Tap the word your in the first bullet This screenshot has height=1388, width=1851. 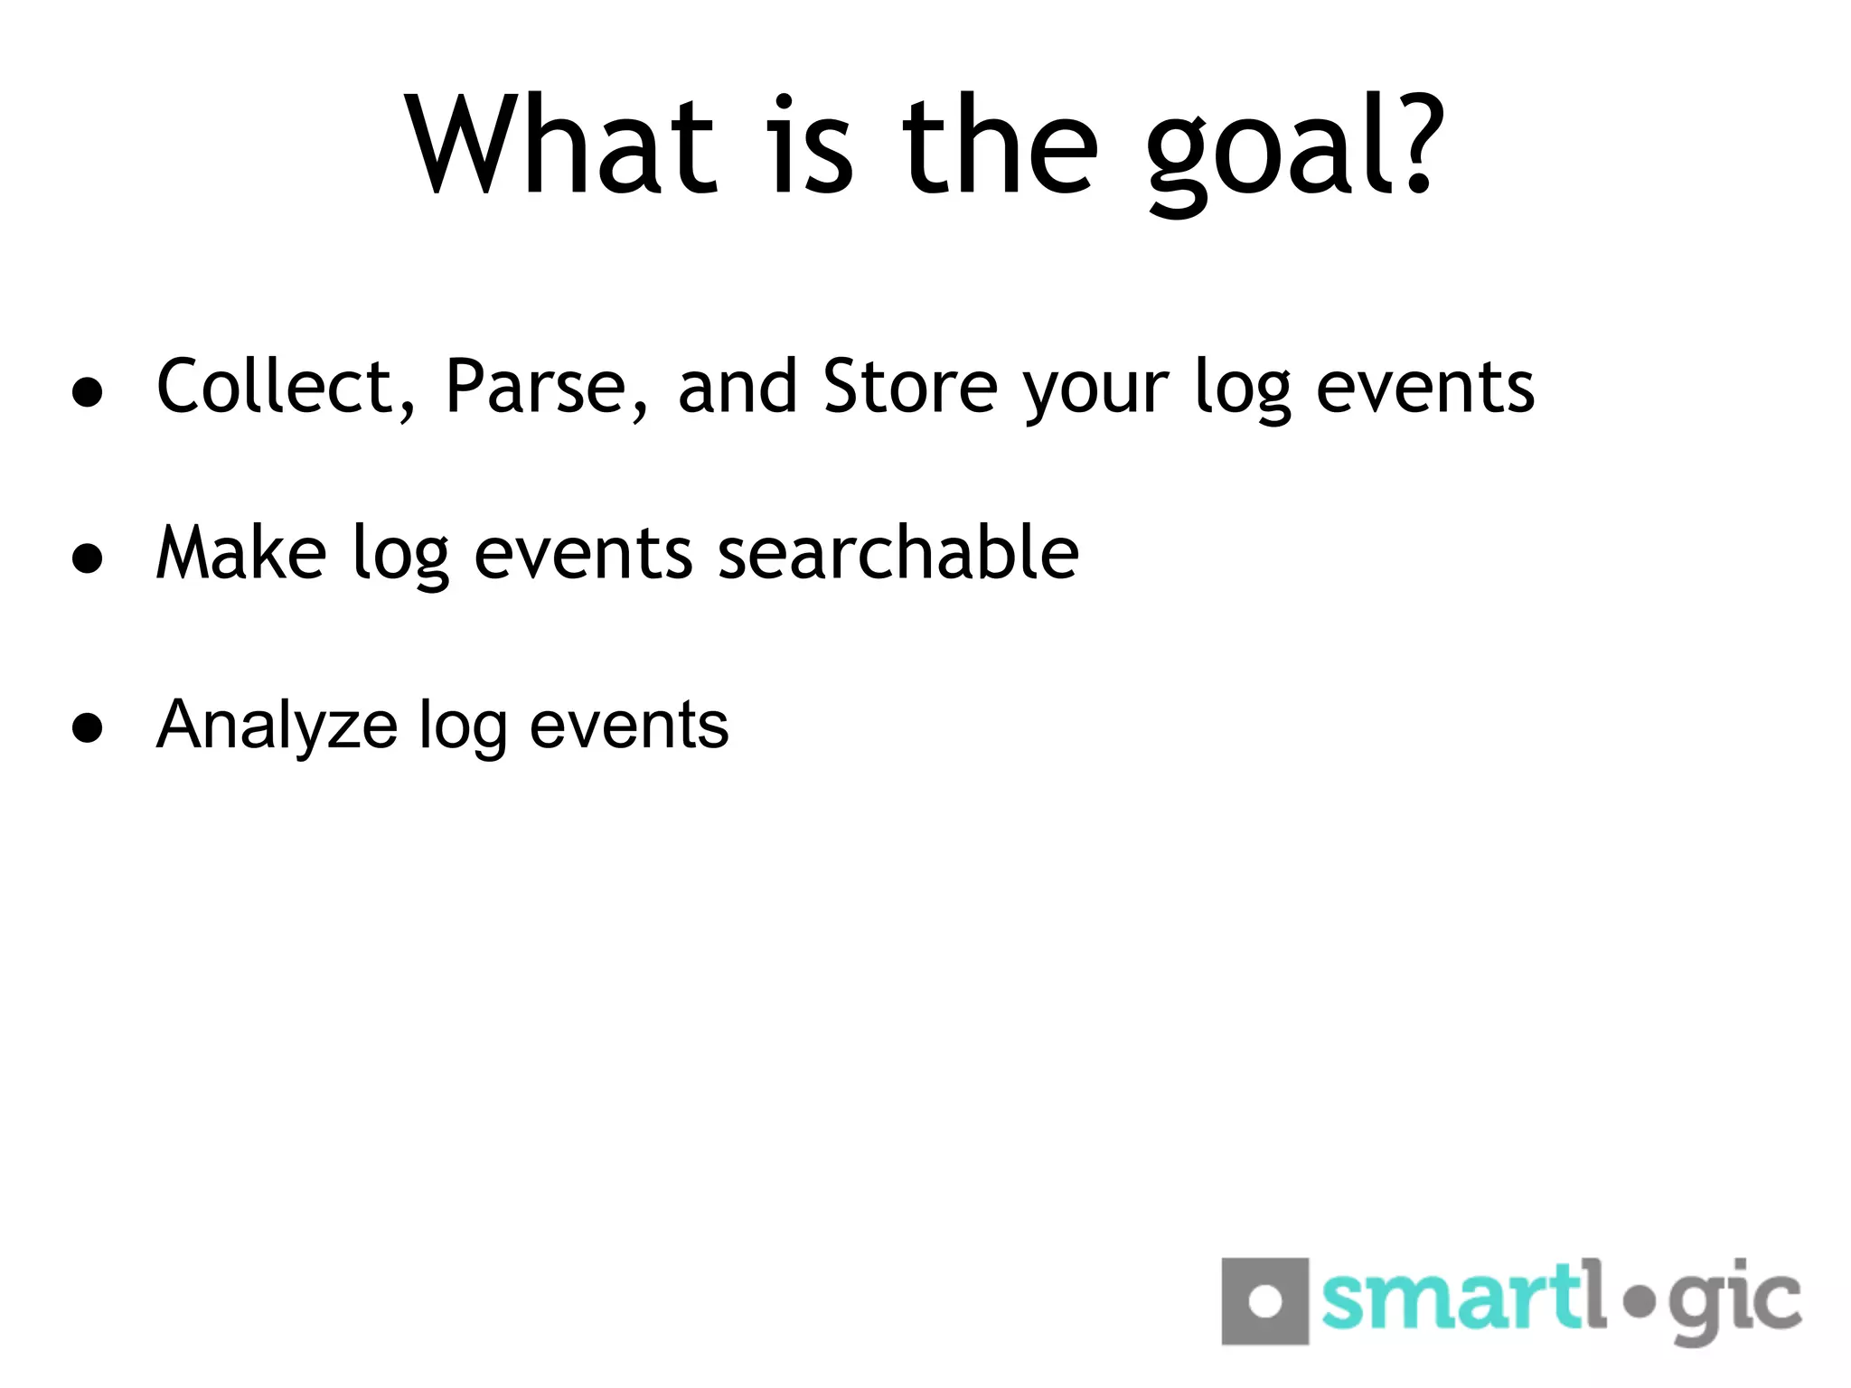pyautogui.click(x=1096, y=393)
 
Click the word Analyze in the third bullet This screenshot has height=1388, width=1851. pyautogui.click(x=277, y=726)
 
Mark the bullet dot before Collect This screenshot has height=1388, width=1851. pyautogui.click(x=88, y=393)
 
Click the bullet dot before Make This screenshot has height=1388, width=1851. pyautogui.click(x=88, y=558)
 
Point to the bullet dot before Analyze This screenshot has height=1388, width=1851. pyautogui.click(x=88, y=727)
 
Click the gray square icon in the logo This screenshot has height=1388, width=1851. pyautogui.click(x=1264, y=1301)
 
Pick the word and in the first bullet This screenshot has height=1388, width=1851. pyautogui.click(x=737, y=387)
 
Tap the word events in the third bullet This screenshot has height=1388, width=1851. pyautogui.click(x=628, y=726)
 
